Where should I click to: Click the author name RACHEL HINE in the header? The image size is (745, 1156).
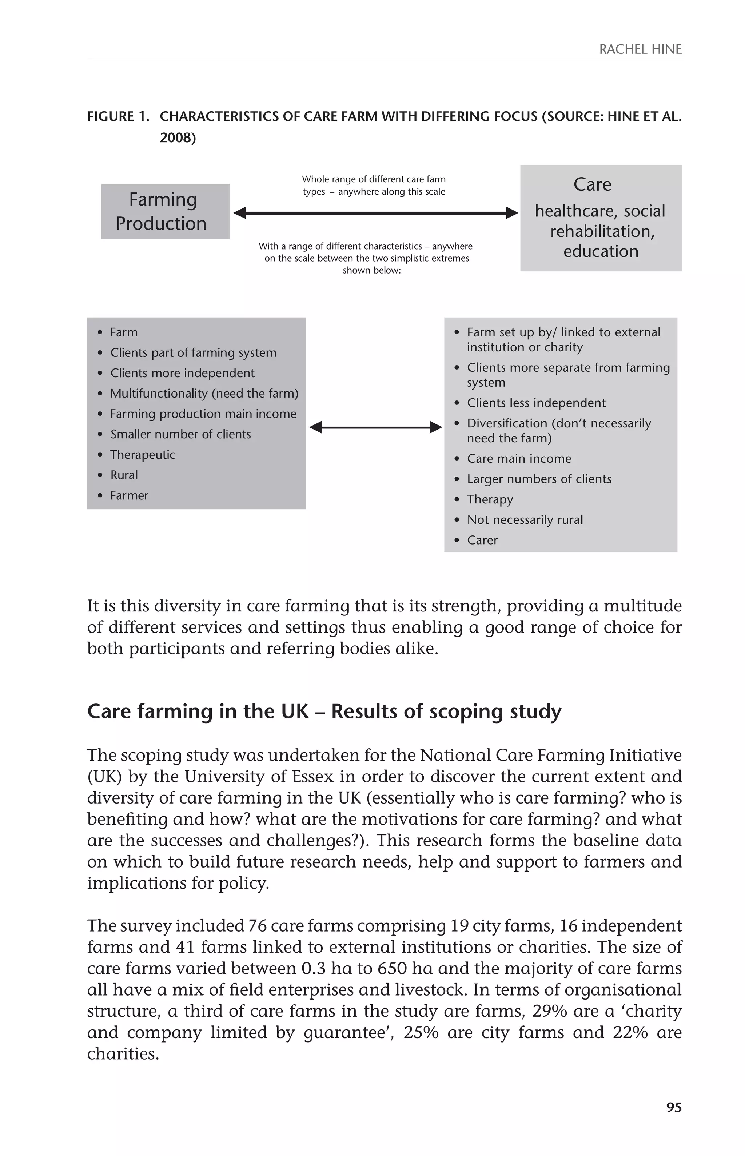[640, 49]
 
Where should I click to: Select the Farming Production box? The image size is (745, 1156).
[164, 211]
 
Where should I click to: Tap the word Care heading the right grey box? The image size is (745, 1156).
[592, 184]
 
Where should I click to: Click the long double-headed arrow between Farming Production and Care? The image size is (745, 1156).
[375, 213]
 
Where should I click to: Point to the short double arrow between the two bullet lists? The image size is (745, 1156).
[375, 427]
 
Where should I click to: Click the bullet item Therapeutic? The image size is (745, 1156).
[142, 455]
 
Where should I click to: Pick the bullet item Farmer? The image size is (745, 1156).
[129, 495]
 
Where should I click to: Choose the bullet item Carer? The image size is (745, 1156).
[482, 540]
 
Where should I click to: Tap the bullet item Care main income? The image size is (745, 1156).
[519, 459]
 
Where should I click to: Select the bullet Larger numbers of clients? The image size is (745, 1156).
[539, 479]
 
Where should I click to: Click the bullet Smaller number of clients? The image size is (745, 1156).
[180, 434]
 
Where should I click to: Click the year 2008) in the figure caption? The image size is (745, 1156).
[178, 138]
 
